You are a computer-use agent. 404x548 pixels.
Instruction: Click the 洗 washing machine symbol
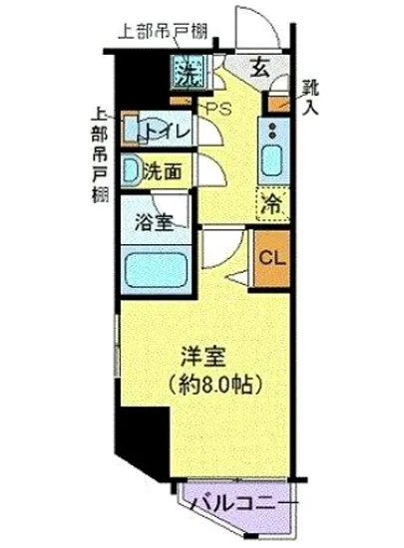click(x=188, y=72)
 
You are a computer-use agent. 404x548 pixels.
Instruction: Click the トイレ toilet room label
click(x=160, y=129)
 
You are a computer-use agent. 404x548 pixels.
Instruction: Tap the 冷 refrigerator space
click(x=270, y=205)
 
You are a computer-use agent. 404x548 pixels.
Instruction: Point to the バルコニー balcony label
click(x=240, y=500)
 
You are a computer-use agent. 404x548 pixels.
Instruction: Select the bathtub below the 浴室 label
click(x=157, y=268)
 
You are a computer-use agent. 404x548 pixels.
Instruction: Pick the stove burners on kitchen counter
click(x=270, y=129)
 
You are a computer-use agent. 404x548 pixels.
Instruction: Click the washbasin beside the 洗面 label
click(x=130, y=170)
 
